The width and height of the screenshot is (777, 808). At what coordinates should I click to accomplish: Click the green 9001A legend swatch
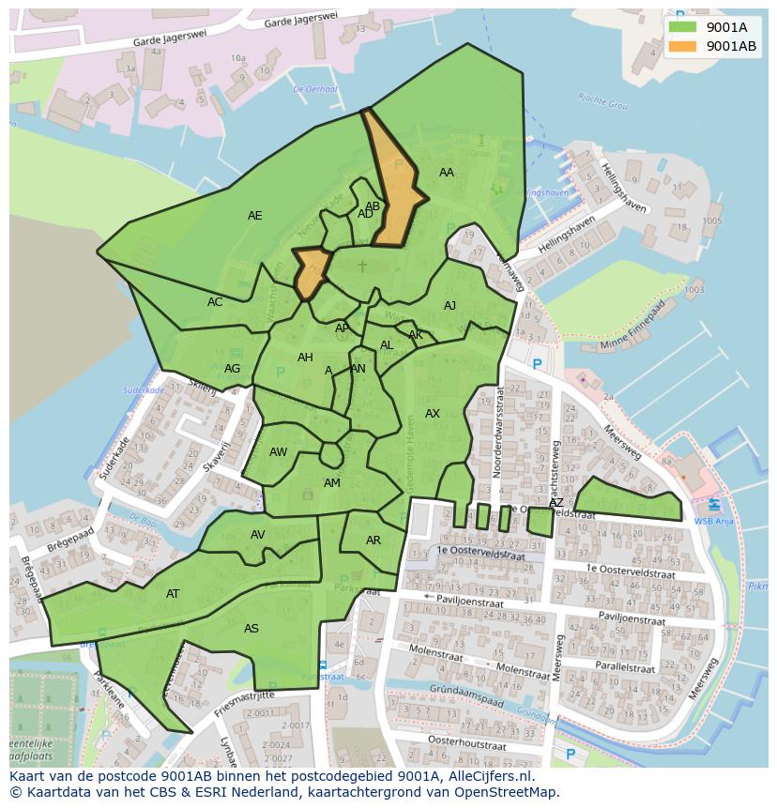pos(682,26)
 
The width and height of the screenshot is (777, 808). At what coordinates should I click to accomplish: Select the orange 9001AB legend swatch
pos(682,46)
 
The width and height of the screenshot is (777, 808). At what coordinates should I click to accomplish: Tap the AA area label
pos(447,172)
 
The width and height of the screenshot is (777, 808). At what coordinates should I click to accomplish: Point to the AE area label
pos(254,216)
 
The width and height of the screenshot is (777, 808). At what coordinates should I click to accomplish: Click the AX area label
pos(433,414)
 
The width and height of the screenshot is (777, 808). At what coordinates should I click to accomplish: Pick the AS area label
pos(251,629)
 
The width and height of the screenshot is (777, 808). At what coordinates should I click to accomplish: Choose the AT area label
pos(173,594)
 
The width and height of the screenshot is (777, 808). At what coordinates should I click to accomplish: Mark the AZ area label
pos(556,503)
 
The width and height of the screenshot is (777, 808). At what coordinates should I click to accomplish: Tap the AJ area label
pos(450,306)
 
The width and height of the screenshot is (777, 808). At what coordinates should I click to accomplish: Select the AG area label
pos(233,369)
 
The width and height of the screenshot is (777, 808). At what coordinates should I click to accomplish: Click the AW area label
pos(279,452)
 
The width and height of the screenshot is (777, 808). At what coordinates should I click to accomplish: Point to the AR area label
pos(373,541)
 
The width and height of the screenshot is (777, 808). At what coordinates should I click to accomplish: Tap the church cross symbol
pos(362,267)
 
